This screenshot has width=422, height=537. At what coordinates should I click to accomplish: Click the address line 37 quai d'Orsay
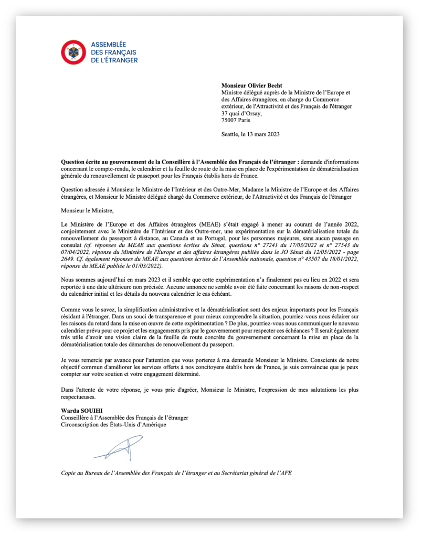(241, 113)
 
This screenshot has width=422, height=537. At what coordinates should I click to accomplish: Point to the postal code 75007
(229, 120)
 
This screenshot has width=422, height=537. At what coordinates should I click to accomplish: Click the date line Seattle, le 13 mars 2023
(250, 134)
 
